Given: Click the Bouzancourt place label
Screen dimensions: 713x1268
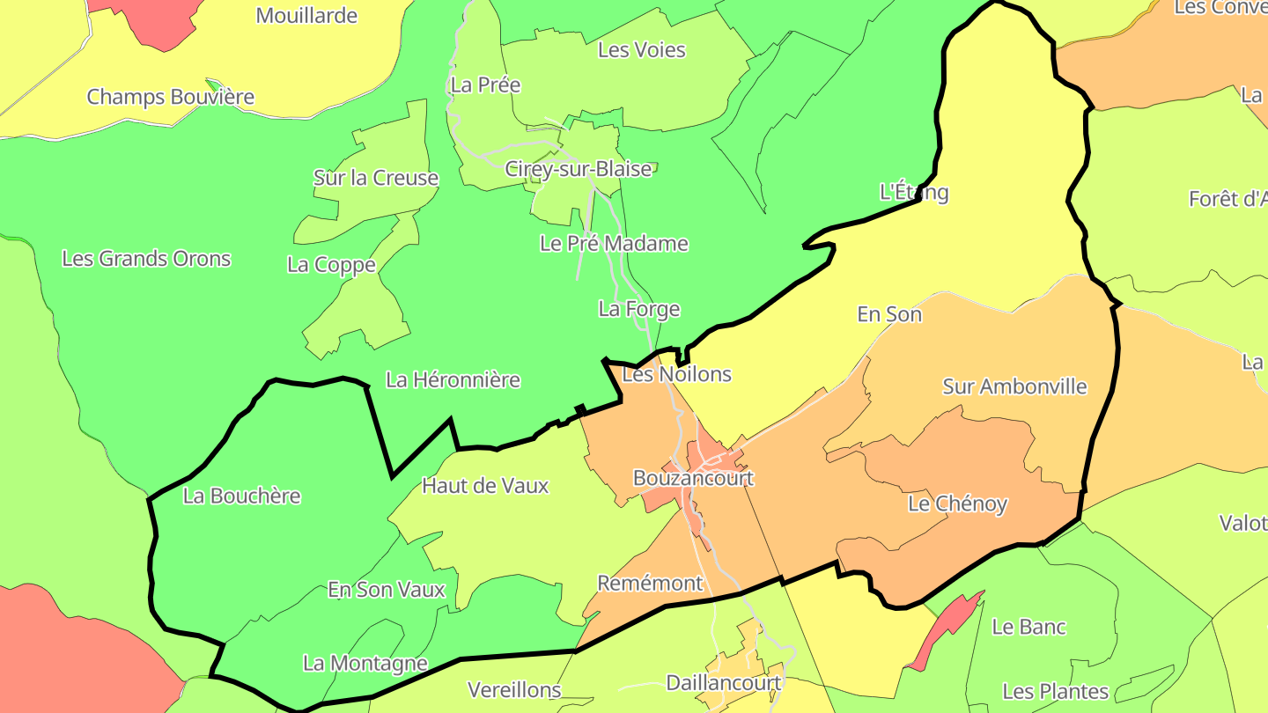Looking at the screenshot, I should click(x=693, y=478).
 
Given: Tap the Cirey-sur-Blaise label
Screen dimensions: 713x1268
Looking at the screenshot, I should click(x=578, y=168).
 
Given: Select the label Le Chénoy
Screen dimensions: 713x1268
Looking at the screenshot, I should click(x=957, y=504).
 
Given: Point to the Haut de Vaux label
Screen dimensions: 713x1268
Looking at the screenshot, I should click(x=485, y=485).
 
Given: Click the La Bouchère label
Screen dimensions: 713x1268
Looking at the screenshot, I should click(x=241, y=496).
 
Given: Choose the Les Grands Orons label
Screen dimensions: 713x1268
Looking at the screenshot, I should click(x=146, y=258).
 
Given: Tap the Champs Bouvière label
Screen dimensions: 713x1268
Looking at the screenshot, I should click(x=170, y=96).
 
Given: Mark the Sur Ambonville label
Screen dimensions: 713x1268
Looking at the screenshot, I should click(x=1014, y=386).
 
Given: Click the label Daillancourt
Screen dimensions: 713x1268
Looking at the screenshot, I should click(x=724, y=682).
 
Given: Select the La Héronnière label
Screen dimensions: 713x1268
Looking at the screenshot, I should click(x=453, y=379).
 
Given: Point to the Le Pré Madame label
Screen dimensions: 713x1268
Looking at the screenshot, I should click(x=614, y=243).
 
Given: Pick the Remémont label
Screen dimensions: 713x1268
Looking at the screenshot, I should click(x=650, y=583).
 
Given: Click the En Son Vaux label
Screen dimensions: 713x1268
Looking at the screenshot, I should click(x=387, y=589).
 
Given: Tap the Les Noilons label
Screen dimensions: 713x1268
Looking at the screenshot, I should click(x=676, y=374).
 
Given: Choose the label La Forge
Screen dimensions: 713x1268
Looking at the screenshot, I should click(x=638, y=308).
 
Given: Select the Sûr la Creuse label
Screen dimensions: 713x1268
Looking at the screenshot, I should click(x=376, y=178).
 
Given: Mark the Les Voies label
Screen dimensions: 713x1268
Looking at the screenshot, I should click(x=641, y=49).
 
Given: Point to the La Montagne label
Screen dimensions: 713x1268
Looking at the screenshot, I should click(x=365, y=663).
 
